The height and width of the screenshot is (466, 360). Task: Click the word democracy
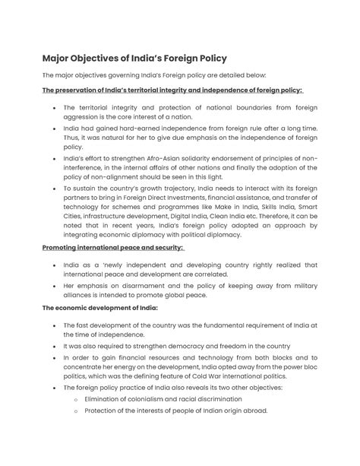point(190,344)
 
